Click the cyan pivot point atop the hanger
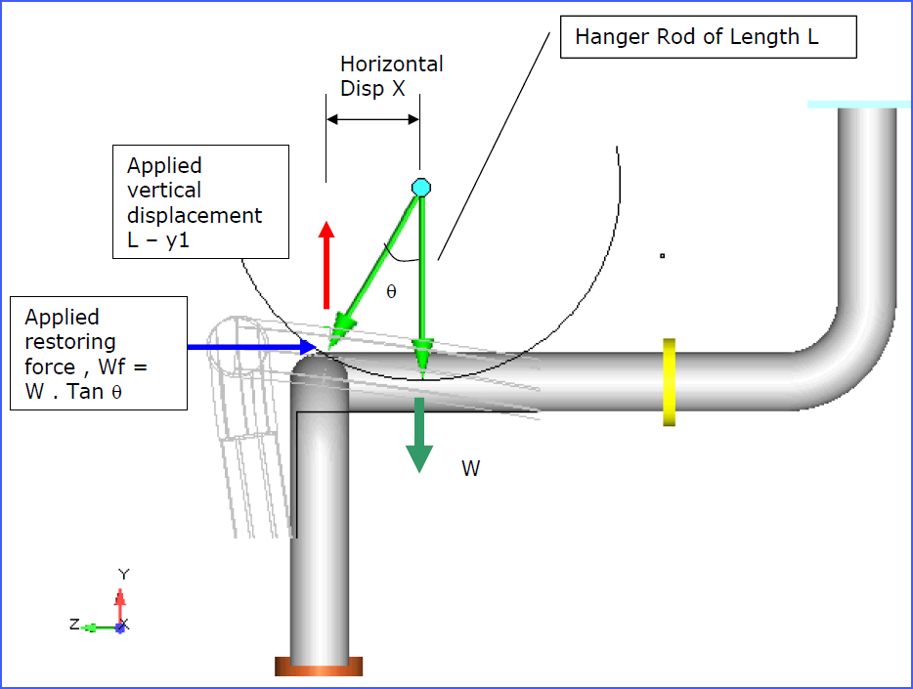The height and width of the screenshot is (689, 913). click(x=421, y=187)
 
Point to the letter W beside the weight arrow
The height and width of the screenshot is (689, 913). click(x=470, y=469)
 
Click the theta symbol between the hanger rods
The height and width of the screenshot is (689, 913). click(x=391, y=291)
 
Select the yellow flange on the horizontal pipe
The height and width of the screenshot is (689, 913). click(x=669, y=382)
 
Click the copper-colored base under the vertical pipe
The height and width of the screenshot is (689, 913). click(x=319, y=667)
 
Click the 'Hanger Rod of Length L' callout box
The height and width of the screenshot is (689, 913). click(x=708, y=38)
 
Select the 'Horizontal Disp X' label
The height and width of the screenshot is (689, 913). click(x=391, y=76)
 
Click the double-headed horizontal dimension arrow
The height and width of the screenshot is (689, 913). click(x=372, y=119)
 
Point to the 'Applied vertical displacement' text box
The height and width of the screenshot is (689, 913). click(x=200, y=201)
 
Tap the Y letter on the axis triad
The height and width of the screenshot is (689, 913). click(x=123, y=575)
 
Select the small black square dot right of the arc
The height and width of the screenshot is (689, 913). click(x=662, y=256)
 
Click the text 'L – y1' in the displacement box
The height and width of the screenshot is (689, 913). click(x=157, y=239)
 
